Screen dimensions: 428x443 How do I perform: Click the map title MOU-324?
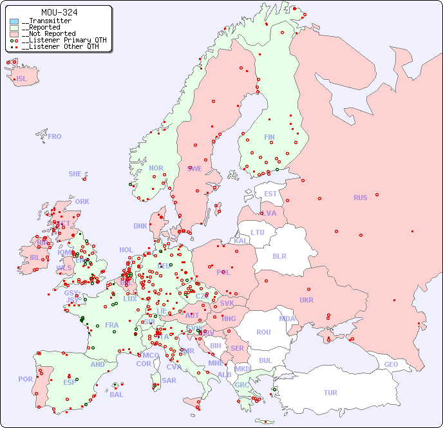[x=59, y=12]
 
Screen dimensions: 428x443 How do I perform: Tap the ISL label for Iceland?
[x=22, y=79]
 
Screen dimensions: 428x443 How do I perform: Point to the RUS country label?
[x=360, y=198]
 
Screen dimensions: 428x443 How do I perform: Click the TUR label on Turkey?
[x=330, y=393]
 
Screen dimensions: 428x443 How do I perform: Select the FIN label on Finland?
[x=269, y=137]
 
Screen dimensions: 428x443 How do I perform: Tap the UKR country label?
[x=306, y=300]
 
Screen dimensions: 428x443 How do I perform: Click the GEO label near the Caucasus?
[x=391, y=364]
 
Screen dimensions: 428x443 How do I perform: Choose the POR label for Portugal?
[x=25, y=379]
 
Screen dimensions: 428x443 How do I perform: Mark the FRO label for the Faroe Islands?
[x=55, y=136]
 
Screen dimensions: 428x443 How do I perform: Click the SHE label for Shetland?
[x=75, y=174]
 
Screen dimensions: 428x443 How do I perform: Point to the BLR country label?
[x=279, y=256]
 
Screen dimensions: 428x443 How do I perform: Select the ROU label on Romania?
[x=263, y=332]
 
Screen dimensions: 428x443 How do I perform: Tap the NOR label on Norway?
[x=156, y=168]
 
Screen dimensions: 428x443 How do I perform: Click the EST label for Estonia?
[x=270, y=194]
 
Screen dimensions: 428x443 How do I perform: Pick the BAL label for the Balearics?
[x=116, y=395]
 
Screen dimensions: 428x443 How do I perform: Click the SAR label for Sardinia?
[x=169, y=380]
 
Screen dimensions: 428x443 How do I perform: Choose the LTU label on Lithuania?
[x=258, y=232]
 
